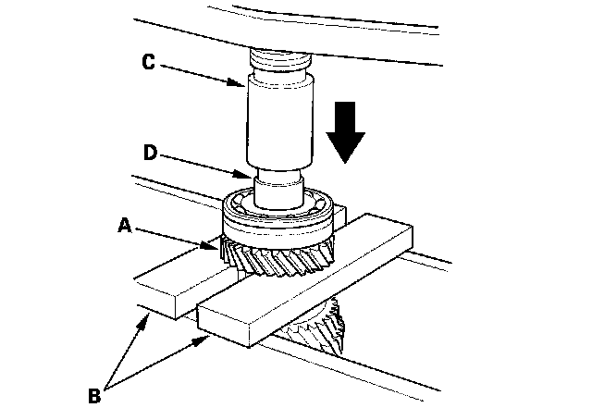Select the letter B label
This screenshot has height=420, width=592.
[x=94, y=399]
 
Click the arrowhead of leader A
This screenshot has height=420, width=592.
[x=219, y=247]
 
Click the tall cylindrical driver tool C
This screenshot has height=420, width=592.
[x=277, y=120]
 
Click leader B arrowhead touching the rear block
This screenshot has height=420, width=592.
[x=148, y=317]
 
